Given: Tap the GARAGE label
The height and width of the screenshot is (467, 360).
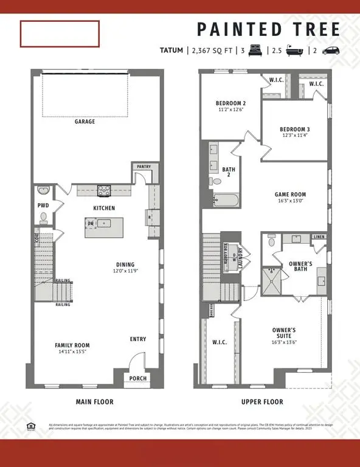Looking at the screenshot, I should (x=85, y=122).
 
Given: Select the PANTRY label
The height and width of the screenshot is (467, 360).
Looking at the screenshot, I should (x=144, y=167).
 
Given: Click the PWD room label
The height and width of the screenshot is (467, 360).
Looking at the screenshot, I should (x=43, y=206).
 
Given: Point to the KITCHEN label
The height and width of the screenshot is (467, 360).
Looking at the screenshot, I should (x=104, y=209).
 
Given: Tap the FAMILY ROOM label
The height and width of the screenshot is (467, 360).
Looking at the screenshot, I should (x=72, y=345).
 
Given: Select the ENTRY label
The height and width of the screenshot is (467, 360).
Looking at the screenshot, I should (x=138, y=339).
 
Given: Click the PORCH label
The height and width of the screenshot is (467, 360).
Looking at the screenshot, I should (x=138, y=378).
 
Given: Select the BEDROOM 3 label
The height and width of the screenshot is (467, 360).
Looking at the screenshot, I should (x=295, y=129).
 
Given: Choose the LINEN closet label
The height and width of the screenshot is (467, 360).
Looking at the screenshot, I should (x=319, y=237).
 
